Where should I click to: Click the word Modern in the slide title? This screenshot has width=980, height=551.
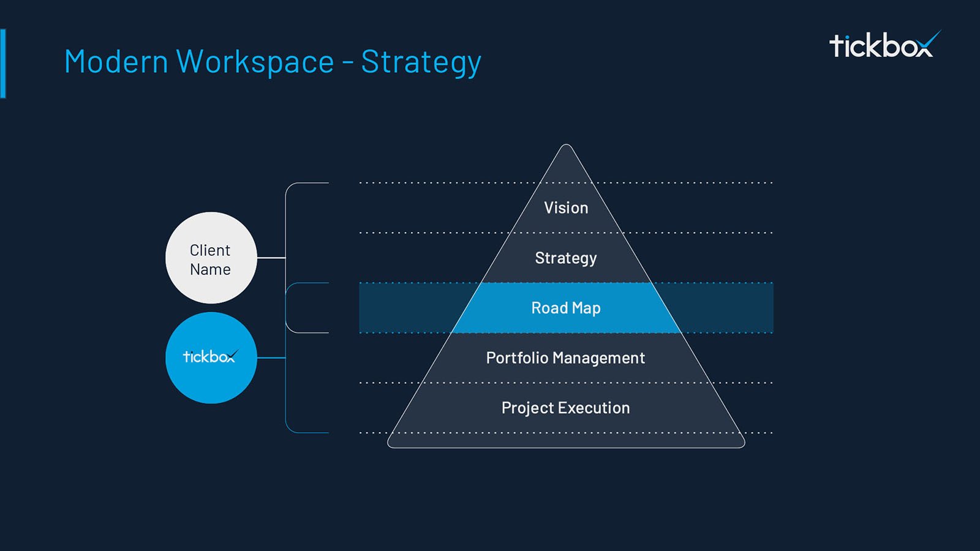click(116, 62)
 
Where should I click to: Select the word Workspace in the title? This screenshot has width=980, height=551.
click(255, 62)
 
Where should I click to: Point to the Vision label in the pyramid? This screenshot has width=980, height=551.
click(566, 208)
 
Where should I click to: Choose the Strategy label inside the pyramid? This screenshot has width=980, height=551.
click(566, 258)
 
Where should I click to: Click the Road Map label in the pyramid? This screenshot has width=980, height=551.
click(566, 308)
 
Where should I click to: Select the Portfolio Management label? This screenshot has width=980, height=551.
click(565, 358)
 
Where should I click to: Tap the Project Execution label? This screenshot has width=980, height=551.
click(565, 408)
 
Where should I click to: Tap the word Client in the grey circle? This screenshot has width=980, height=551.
click(209, 250)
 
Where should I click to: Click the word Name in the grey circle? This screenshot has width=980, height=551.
click(210, 269)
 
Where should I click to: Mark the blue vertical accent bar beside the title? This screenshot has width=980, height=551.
click(3, 63)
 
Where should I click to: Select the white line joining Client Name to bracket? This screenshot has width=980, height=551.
click(271, 258)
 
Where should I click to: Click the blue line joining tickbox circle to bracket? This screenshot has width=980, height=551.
click(271, 358)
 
